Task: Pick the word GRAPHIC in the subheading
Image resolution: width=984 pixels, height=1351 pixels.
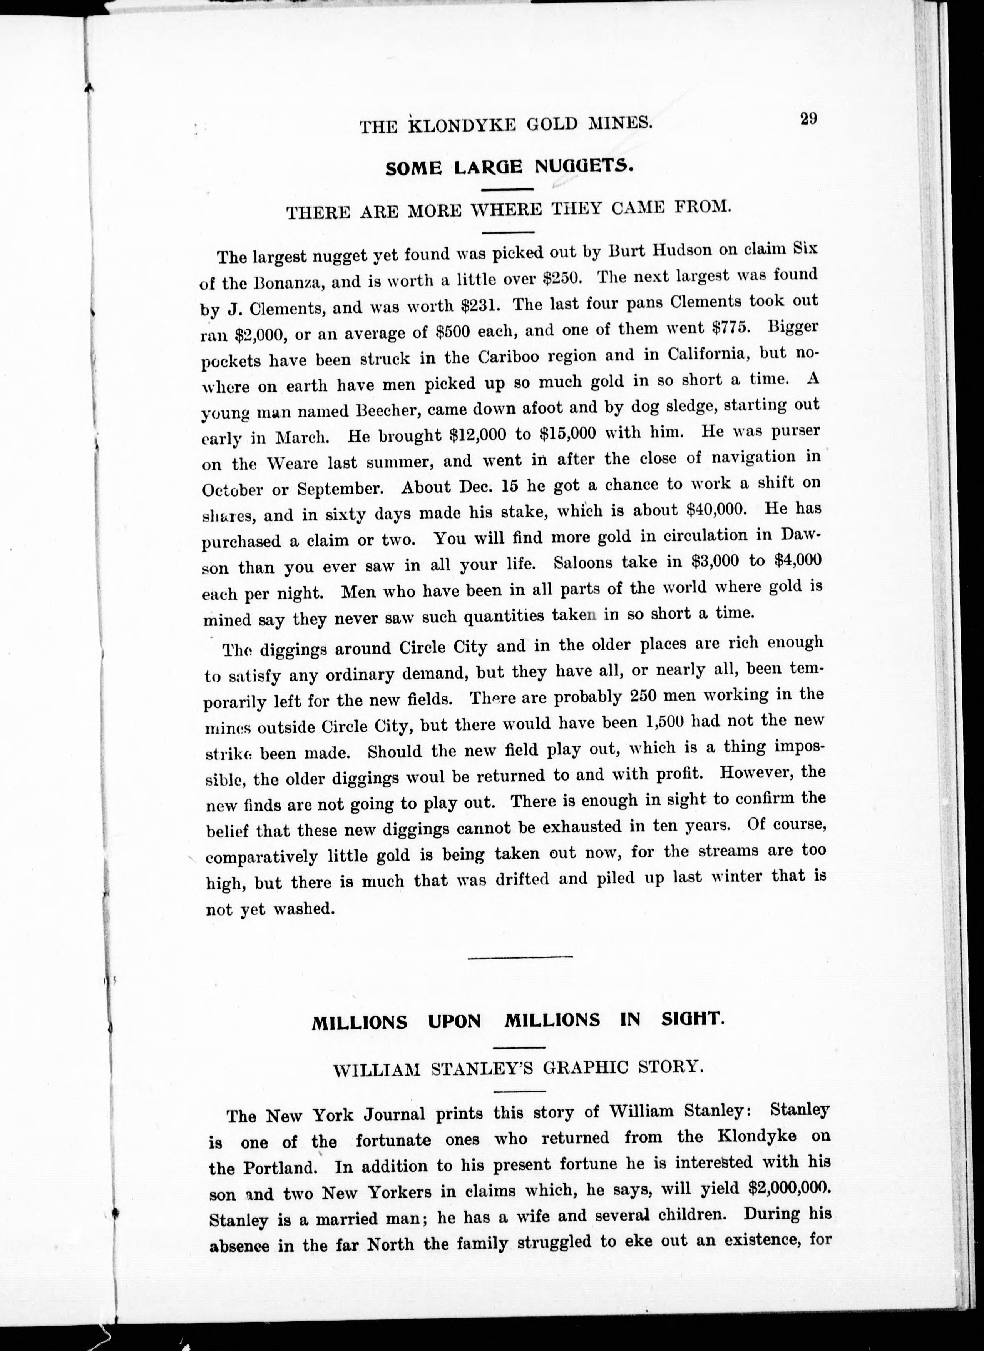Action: pyautogui.click(x=574, y=1066)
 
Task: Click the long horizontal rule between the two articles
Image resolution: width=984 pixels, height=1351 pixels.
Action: pyautogui.click(x=520, y=957)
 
